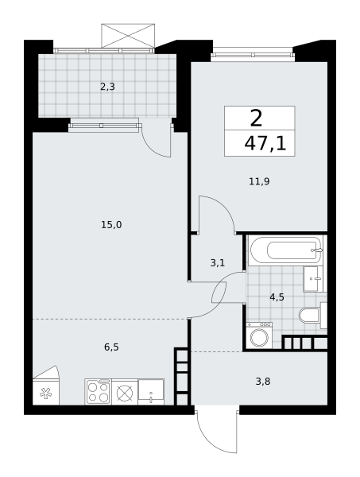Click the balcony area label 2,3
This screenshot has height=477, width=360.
coord(107,87)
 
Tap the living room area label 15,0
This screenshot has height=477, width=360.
coord(111,225)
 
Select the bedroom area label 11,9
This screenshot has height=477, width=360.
coord(259,181)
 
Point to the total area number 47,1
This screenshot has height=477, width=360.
coord(265,144)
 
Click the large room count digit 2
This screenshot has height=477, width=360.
coord(256,118)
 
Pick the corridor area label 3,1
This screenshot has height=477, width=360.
coord(218,262)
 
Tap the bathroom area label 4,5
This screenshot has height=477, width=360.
coord(277,297)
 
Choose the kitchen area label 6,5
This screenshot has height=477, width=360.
coord(111,347)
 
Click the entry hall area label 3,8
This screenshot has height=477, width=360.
coord(263,381)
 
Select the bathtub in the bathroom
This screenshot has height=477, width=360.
coord(285,250)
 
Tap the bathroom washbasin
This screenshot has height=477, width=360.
coord(313,279)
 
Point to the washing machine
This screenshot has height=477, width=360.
coord(259,335)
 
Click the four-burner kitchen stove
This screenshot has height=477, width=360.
coord(99,392)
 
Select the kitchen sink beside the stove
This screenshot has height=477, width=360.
coord(151,392)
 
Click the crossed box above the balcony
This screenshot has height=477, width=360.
coord(128,36)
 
